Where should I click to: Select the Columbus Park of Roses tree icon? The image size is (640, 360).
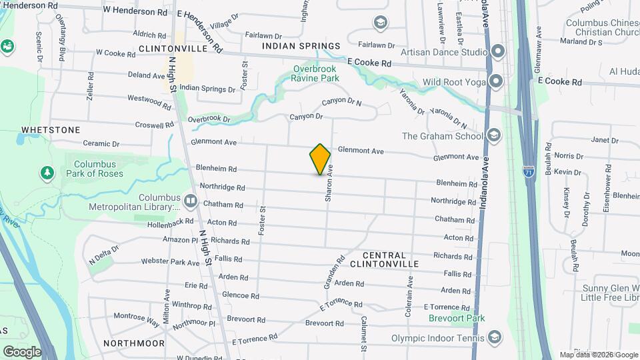coord(47,173)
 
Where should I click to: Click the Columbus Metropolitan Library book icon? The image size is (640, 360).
coord(191,200)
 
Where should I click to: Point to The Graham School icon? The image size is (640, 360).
coord(494,136)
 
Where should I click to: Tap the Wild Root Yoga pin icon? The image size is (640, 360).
coord(495,82)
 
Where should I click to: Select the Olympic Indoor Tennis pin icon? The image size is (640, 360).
coord(494,337)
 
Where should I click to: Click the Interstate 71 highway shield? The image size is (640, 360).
coord(529,171)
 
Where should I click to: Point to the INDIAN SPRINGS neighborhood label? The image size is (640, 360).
coord(301,46)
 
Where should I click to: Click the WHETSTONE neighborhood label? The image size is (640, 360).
coord(51,130)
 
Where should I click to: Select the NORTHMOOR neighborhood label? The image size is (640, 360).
coord(134,343)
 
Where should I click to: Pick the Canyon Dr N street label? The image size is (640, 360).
coord(341,103)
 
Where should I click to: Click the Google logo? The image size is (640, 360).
coord(22,351)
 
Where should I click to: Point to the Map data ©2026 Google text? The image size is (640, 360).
coord(599,355)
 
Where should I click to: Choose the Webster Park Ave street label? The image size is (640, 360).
coord(170,263)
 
